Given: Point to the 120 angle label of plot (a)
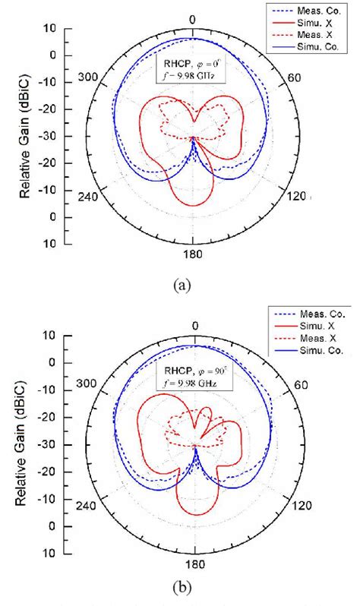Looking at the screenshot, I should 295,196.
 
